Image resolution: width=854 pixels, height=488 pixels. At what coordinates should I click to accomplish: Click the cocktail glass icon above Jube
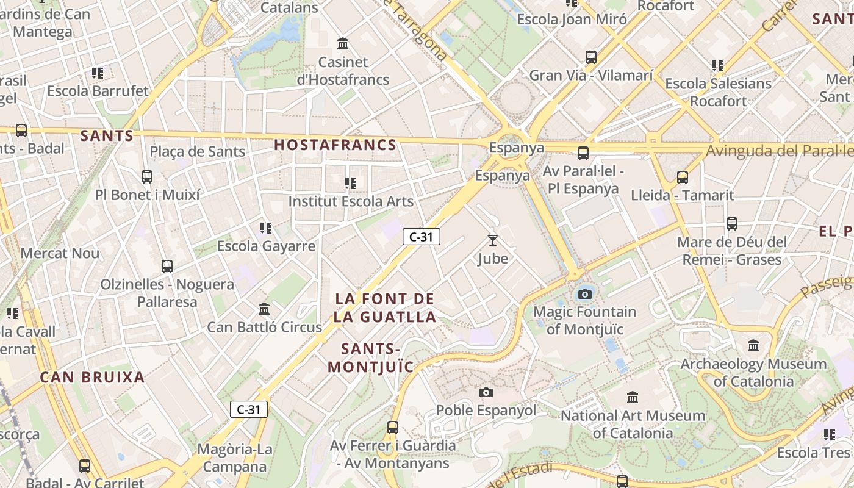tap(493, 240)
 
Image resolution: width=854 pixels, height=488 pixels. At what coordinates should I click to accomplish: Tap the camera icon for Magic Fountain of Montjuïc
tap(584, 295)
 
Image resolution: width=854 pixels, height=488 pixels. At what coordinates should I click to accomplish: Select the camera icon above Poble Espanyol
tap(486, 392)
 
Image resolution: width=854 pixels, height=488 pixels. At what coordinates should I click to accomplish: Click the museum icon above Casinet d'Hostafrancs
tap(343, 44)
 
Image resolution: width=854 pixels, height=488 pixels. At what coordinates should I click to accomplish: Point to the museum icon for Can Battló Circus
tap(264, 309)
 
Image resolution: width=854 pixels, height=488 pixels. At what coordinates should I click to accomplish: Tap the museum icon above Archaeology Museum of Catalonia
tap(753, 346)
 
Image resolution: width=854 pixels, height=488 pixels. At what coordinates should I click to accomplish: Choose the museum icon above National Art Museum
tap(633, 397)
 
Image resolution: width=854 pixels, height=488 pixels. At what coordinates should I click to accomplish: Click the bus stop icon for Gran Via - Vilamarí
tap(590, 57)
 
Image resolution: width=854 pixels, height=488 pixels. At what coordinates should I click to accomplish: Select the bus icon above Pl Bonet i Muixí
tap(147, 177)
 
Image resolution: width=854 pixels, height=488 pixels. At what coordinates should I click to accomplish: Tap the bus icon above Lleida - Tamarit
tap(682, 178)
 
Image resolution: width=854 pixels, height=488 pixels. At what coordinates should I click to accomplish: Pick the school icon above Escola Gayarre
tap(266, 228)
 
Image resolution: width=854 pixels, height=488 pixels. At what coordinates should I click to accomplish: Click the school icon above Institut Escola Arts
tap(350, 183)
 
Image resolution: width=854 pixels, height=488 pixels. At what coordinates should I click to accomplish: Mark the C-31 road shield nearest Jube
tap(421, 237)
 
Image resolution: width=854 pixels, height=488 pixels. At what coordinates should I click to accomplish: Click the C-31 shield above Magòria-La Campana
tap(249, 409)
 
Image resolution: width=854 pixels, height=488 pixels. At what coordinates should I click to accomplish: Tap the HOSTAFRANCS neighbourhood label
tap(335, 145)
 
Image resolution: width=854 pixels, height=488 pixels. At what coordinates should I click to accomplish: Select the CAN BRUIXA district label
tap(93, 377)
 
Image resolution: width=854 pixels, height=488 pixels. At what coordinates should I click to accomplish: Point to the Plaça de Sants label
tap(198, 151)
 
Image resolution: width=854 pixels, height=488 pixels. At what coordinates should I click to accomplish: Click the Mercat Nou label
tap(60, 253)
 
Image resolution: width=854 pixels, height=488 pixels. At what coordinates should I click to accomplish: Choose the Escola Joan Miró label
tap(572, 20)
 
